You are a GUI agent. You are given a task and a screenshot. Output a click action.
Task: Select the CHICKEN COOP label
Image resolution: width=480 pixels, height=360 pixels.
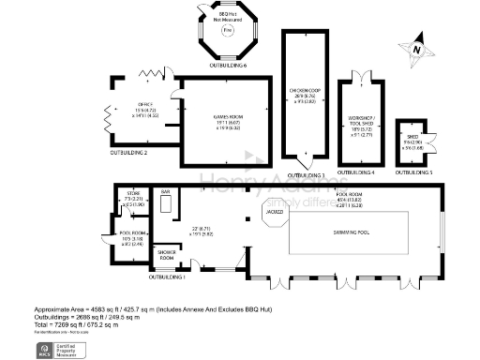307,91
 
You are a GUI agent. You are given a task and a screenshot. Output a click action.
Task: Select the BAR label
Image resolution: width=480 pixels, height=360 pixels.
165,193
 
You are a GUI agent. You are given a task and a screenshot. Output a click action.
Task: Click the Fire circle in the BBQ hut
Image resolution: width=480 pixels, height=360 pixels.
227,31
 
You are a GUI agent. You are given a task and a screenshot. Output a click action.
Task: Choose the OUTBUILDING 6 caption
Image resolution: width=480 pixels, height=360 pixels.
227,67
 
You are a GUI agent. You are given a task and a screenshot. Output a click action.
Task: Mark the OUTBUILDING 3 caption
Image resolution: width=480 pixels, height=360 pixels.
306,175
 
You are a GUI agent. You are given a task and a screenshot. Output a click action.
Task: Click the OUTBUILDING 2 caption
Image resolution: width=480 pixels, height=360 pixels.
129,151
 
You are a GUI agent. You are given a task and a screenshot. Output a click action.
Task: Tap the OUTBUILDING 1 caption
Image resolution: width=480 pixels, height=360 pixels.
169,277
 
